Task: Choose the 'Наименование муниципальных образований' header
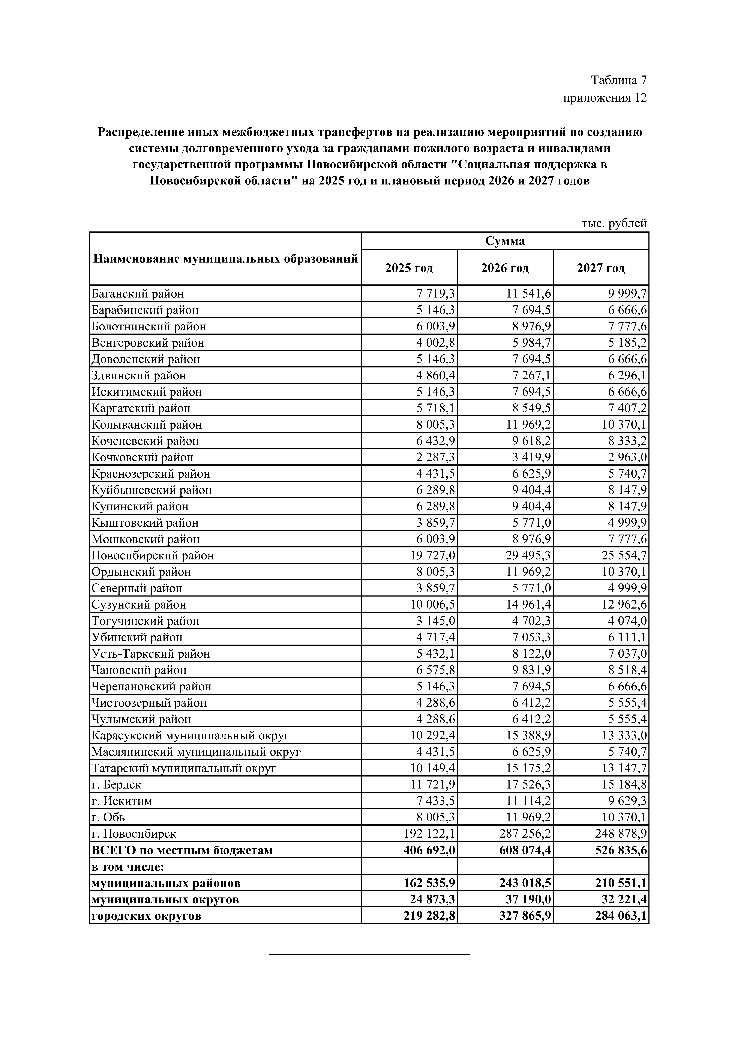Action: tap(225, 259)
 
